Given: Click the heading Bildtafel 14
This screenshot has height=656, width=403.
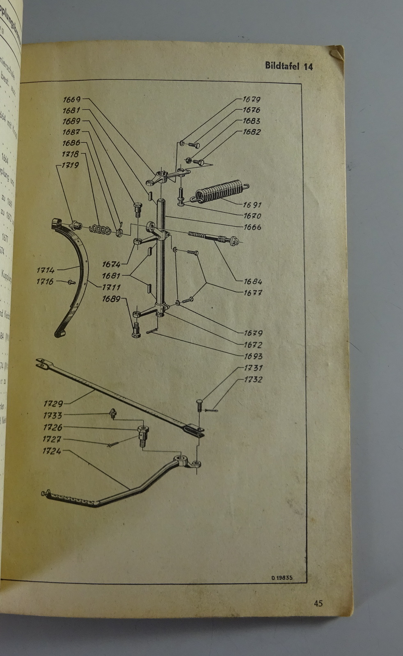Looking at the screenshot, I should (x=289, y=66).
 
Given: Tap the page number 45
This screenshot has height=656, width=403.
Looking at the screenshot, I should (x=318, y=603).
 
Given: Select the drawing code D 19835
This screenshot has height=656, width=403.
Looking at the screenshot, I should (x=282, y=578).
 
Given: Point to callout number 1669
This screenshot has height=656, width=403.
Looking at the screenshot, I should (x=71, y=99).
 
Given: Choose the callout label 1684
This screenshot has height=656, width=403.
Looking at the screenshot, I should (x=253, y=282).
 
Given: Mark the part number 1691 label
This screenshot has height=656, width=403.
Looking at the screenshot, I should (x=252, y=205).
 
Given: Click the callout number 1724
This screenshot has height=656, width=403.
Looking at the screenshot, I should (x=52, y=451).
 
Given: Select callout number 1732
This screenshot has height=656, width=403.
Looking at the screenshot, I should (x=253, y=379).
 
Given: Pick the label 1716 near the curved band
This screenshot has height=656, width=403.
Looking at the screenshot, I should (x=45, y=281).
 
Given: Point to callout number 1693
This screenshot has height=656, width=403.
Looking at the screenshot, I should (x=253, y=356).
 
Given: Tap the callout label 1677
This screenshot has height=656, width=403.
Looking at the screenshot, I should (x=253, y=293).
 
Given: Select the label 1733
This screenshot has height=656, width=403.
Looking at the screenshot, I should (x=53, y=415).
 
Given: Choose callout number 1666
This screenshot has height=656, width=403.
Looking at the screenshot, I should (x=252, y=227).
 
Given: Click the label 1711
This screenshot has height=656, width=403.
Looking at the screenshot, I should (x=111, y=287).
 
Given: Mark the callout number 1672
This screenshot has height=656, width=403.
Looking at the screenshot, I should (x=253, y=345).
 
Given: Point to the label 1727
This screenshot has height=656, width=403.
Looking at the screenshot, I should (x=52, y=439).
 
